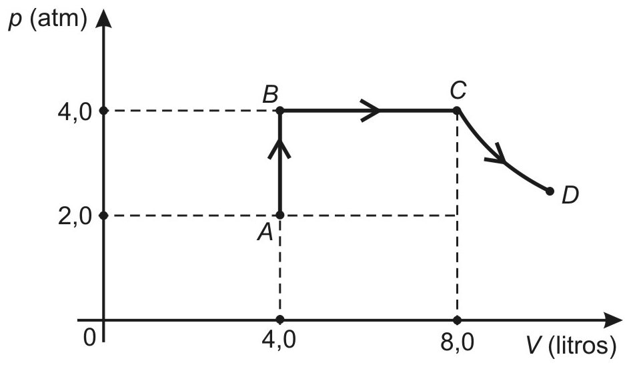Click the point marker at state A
(280, 216)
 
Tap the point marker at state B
(280, 110)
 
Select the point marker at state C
(457, 110)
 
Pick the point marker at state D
(550, 191)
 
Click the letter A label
(265, 232)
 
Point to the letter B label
(270, 95)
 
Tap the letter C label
(458, 90)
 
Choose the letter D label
(570, 195)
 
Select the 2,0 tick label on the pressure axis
(75, 217)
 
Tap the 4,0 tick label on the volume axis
(279, 340)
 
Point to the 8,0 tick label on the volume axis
(457, 343)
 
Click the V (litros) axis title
(572, 345)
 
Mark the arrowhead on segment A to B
(279, 149)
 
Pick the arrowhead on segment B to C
(370, 109)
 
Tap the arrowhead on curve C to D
(497, 155)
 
